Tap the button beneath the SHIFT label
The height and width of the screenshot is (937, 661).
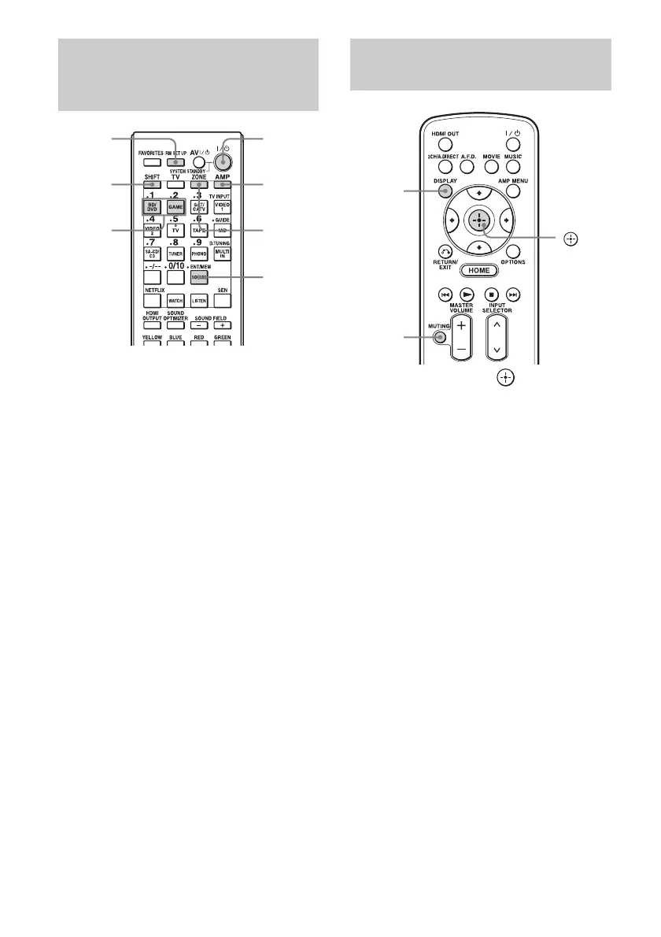[x=153, y=185]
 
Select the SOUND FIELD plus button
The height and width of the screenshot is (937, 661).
[x=222, y=324]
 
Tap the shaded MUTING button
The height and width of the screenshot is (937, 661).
[x=439, y=338]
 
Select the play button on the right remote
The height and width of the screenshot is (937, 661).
[x=465, y=294]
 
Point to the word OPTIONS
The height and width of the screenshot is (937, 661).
[x=514, y=261]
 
